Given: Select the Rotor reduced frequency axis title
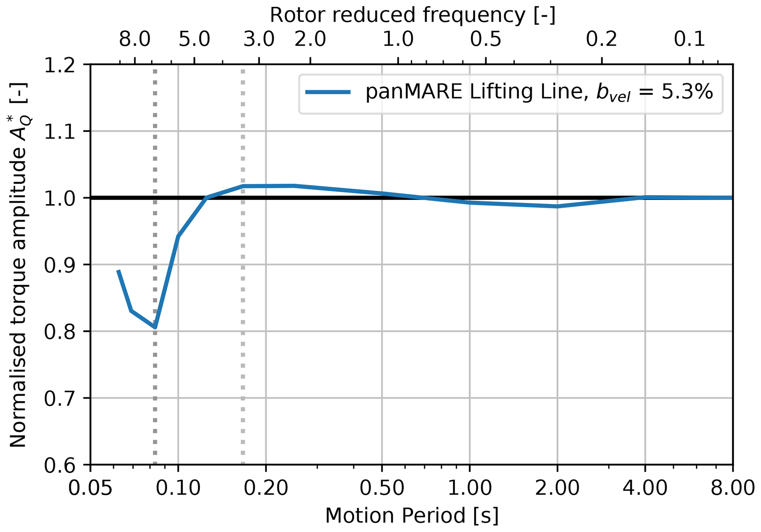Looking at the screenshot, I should [412, 15].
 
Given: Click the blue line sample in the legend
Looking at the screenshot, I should [328, 92].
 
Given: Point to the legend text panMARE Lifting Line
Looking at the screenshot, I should [475, 92].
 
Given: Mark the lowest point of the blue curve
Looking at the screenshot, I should [155, 327].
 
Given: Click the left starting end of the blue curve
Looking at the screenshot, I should [118, 271].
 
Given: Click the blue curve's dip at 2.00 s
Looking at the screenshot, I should [557, 206].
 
